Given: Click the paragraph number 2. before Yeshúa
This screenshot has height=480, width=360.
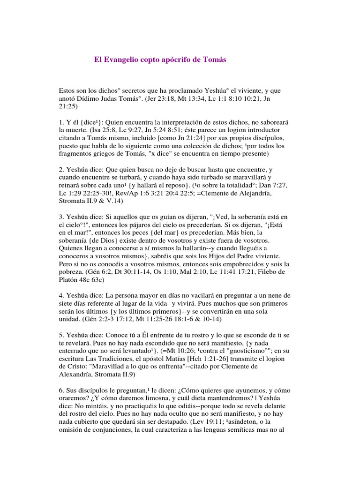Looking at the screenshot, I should [61, 170].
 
